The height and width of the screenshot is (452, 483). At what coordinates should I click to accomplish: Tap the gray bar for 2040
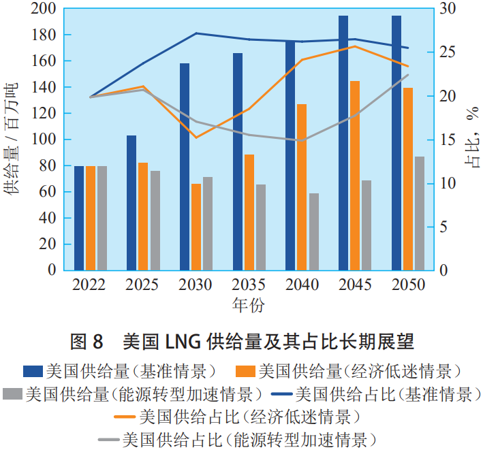313,231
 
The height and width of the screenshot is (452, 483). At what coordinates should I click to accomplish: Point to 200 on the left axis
45,9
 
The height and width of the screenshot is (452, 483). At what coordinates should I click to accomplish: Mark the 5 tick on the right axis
441,227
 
